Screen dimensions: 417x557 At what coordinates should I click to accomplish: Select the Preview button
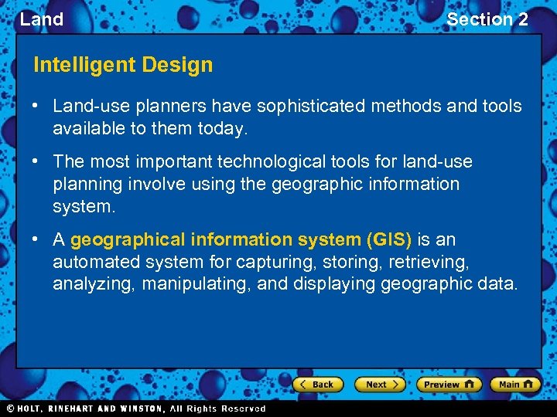point(449,385)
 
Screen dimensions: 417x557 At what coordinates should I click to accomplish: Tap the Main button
point(515,385)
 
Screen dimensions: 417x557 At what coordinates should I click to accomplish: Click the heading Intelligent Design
point(123,65)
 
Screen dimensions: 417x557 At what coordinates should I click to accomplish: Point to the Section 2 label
point(487,19)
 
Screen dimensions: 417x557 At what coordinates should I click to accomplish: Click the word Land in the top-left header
point(42,19)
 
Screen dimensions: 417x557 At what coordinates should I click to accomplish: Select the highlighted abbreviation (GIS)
point(387,239)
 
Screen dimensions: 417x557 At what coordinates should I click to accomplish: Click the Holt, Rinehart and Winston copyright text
point(135,409)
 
